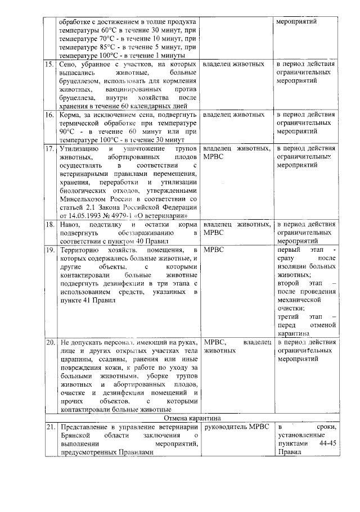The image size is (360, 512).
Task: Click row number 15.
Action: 49,65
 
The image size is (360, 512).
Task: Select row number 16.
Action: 49,114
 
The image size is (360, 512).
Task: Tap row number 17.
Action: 49,148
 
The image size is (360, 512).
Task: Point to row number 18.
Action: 49,224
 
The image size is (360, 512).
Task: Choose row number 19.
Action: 49,249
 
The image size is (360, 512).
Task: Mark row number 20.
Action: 49,342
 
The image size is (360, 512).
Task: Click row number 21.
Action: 49,427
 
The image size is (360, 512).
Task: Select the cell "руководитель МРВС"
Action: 232,427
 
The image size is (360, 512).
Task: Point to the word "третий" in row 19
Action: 289,316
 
